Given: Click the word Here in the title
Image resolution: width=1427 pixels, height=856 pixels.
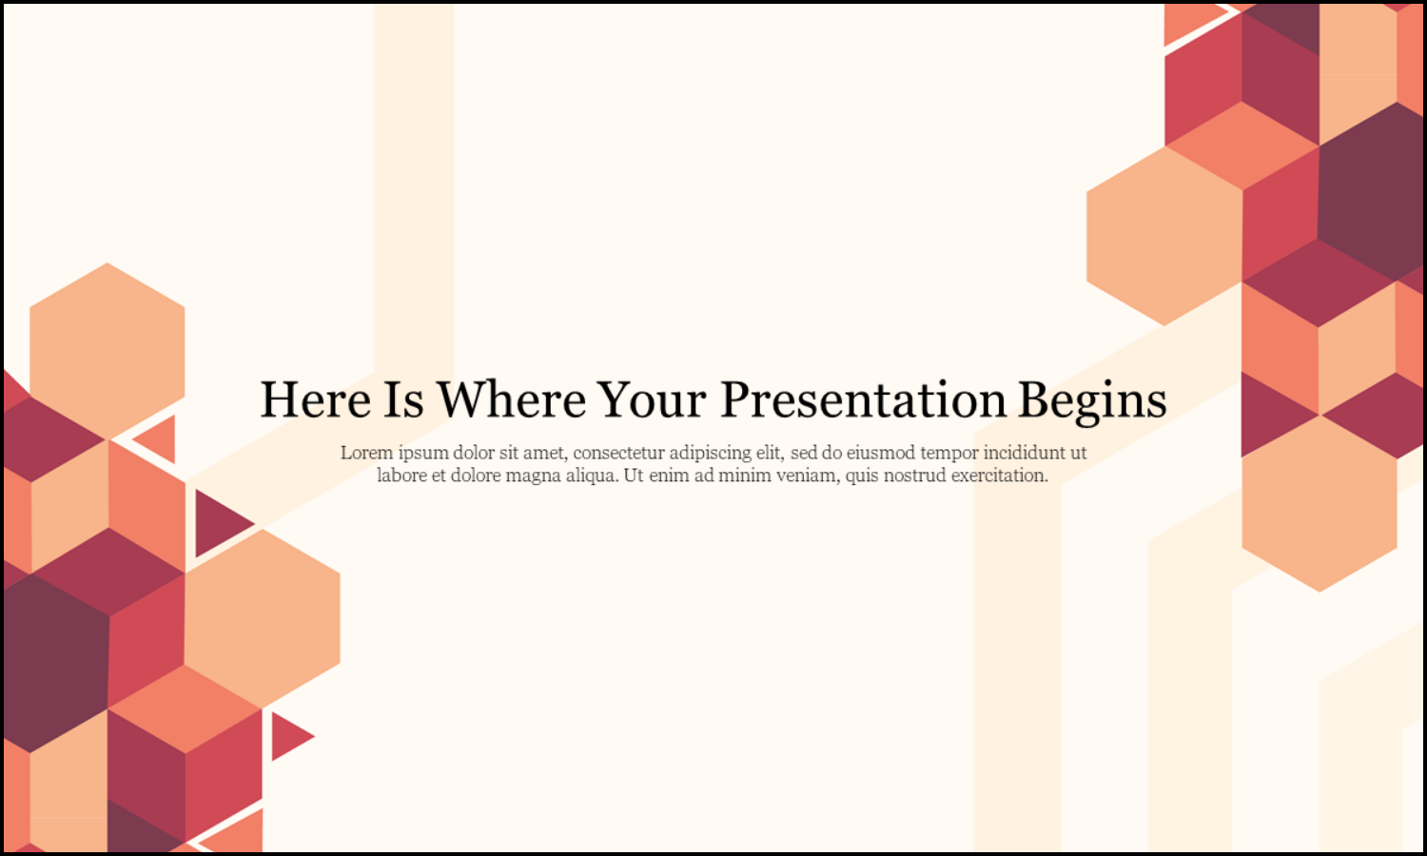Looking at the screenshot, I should tap(315, 400).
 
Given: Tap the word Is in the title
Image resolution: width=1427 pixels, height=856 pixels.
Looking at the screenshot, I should tap(403, 400).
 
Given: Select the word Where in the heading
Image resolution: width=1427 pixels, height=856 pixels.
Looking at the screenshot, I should tap(511, 400).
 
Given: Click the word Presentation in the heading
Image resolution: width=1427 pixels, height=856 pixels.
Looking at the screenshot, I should tap(863, 400).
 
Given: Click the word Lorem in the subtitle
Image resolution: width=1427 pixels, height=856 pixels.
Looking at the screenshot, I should tap(366, 453).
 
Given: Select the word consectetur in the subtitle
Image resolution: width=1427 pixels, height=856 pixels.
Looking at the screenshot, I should tap(618, 453).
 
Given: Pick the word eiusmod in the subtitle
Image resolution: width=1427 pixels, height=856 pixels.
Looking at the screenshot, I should tap(880, 453).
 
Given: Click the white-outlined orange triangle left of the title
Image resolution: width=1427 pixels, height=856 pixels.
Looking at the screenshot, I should tap(159, 439).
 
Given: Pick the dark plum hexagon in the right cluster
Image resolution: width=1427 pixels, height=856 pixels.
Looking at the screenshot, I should tap(1370, 190).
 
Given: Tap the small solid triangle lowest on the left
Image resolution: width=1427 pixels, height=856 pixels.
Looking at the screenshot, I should tap(288, 735).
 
